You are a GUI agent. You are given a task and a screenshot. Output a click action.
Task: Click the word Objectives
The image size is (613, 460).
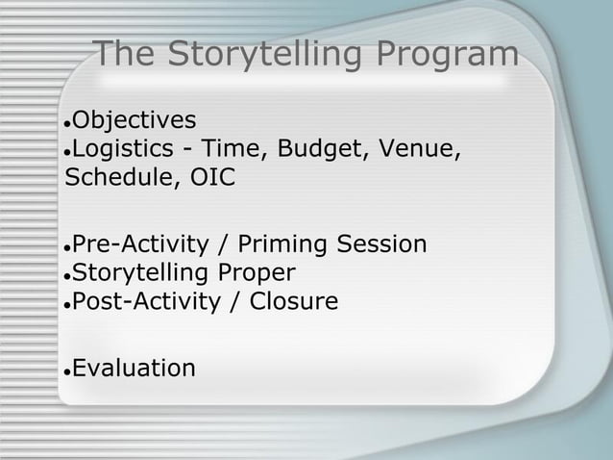[x=135, y=121]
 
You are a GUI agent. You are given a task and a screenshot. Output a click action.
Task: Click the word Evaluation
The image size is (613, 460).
[x=135, y=367]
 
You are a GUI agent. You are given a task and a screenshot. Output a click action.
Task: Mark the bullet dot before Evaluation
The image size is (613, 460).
[x=65, y=371]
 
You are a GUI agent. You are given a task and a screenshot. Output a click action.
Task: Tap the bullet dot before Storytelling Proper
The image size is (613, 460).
[x=65, y=276]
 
